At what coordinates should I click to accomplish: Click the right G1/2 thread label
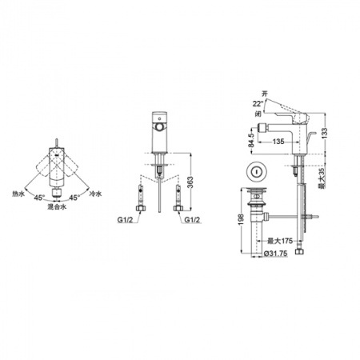tap(191, 220)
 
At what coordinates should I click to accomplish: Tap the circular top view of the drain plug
tap(257, 170)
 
